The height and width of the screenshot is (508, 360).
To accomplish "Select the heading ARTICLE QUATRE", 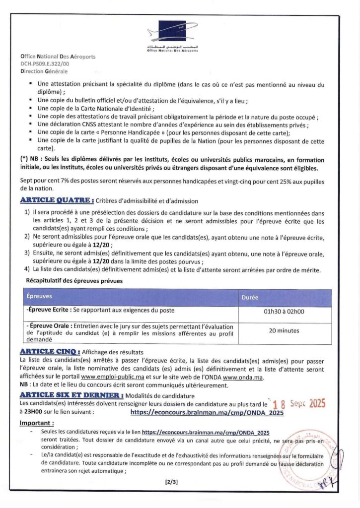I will tap(57, 200).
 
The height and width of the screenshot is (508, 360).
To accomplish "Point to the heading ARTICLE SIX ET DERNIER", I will tap(72, 395).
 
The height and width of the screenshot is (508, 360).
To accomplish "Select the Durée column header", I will tap(250, 298).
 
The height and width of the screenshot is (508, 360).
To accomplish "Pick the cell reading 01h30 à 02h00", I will tap(284, 313).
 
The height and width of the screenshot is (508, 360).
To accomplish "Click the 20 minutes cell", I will tap(284, 330).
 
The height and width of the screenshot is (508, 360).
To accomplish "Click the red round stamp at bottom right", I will tap(308, 459).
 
